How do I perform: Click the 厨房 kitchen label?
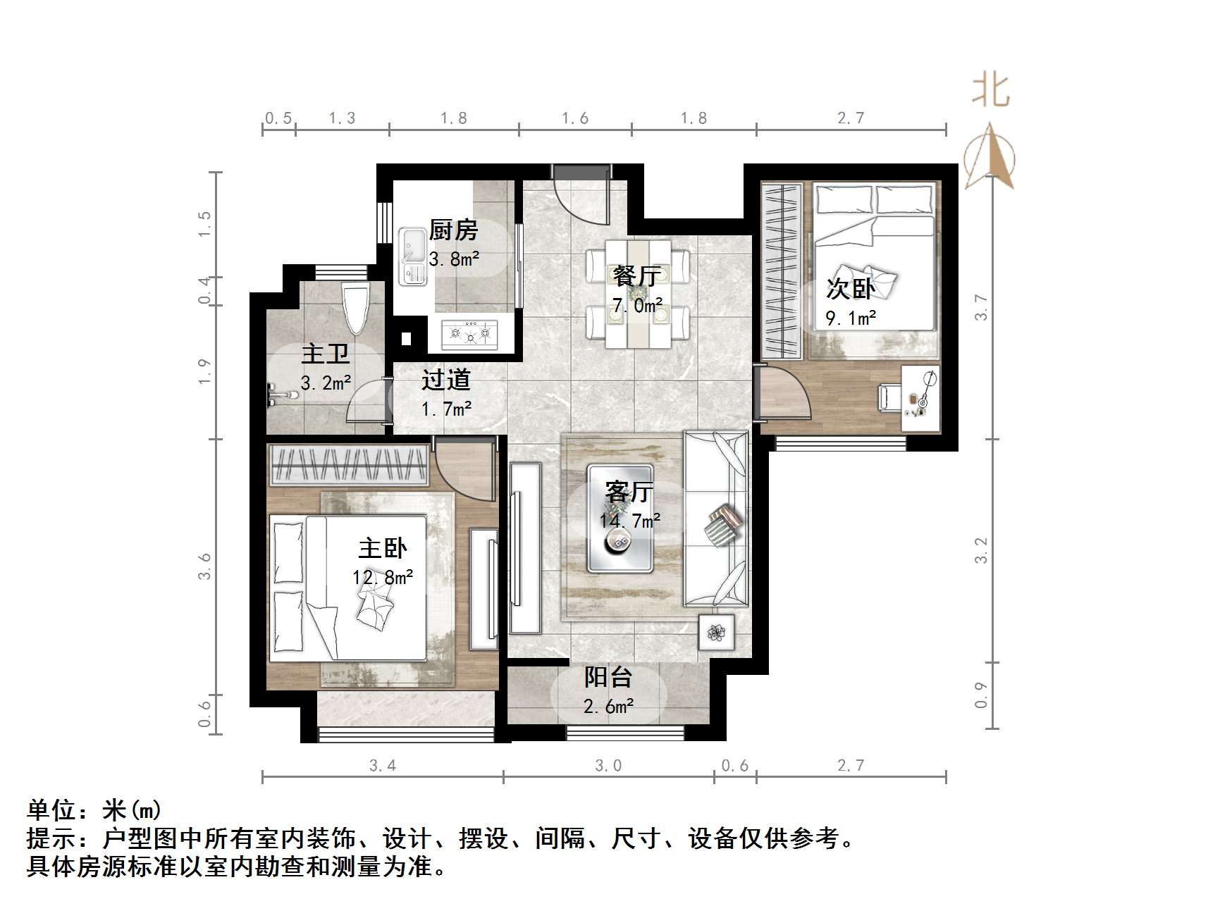pyautogui.click(x=453, y=230)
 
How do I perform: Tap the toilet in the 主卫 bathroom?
pyautogui.click(x=355, y=309)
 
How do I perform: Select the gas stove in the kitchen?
pyautogui.click(x=470, y=333)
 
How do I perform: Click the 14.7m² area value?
pyautogui.click(x=630, y=521)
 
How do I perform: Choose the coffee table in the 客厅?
pyautogui.click(x=620, y=519)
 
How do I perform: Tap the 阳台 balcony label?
pyautogui.click(x=608, y=678)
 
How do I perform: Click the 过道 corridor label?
pyautogui.click(x=445, y=380)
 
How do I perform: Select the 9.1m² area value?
pyautogui.click(x=851, y=318)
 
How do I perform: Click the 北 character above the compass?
pyautogui.click(x=991, y=92)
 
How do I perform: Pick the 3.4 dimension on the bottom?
pyautogui.click(x=383, y=765)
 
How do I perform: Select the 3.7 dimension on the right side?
pyautogui.click(x=981, y=307)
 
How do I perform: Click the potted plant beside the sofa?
pyautogui.click(x=717, y=632)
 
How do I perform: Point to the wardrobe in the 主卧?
pyautogui.click(x=350, y=466)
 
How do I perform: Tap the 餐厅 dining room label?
pyautogui.click(x=636, y=276)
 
